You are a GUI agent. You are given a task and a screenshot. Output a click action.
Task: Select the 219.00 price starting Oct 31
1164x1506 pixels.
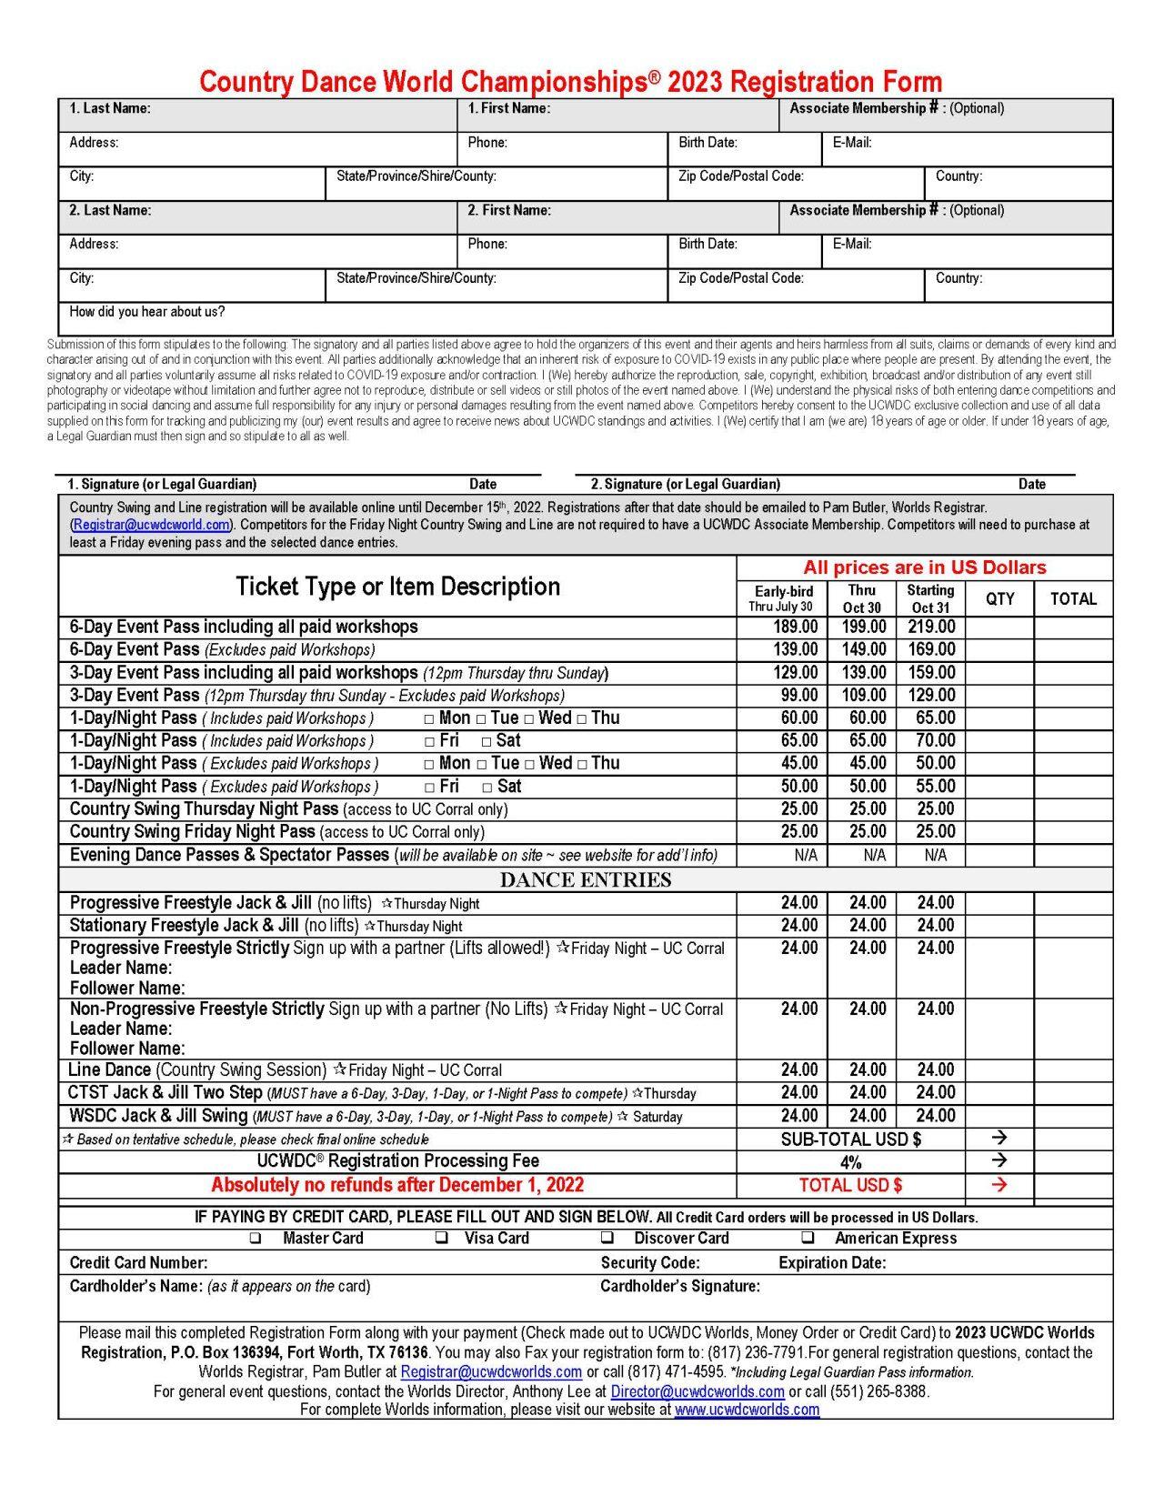(x=931, y=627)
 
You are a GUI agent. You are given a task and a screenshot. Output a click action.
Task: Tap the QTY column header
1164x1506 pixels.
(x=999, y=598)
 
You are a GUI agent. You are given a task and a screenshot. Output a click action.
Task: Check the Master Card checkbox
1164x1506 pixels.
(x=256, y=1238)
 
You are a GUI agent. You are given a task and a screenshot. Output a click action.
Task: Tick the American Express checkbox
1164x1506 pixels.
(x=807, y=1238)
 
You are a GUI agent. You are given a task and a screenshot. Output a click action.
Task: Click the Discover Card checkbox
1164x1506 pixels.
(x=607, y=1238)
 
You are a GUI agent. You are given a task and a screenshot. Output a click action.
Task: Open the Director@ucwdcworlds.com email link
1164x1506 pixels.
(x=697, y=1391)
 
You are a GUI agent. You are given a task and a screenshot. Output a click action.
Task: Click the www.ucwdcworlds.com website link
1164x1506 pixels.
(x=747, y=1410)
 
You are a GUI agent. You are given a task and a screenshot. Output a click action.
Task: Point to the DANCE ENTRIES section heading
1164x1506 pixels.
(x=586, y=879)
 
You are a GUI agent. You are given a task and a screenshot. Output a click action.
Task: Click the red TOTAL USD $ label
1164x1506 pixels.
(x=850, y=1185)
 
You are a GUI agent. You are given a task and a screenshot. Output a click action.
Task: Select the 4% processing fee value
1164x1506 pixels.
(x=850, y=1162)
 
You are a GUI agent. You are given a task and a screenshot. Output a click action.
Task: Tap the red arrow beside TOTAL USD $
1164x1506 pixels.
(x=999, y=1185)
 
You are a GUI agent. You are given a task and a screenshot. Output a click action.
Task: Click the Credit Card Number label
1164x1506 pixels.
(x=138, y=1262)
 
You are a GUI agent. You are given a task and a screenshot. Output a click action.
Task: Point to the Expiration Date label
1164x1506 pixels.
(x=832, y=1262)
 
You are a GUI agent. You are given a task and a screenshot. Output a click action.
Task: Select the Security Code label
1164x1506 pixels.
(x=650, y=1262)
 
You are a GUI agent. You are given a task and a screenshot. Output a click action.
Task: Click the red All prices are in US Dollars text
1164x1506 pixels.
(x=924, y=567)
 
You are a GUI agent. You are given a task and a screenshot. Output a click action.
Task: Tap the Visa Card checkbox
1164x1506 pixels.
(x=442, y=1238)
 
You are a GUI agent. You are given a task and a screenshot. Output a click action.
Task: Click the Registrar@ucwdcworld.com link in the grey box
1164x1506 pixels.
(x=151, y=525)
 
